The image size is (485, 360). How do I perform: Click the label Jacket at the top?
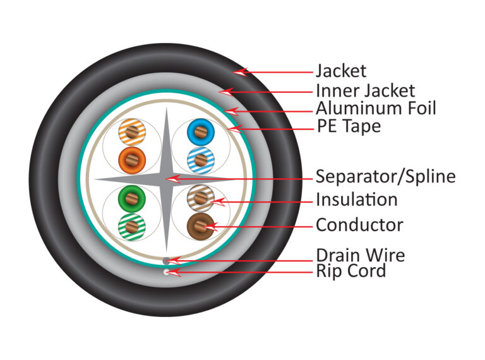pyautogui.click(x=341, y=71)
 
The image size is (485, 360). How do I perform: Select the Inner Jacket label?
pyautogui.click(x=366, y=90)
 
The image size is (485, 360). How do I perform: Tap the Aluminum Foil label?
pyautogui.click(x=376, y=108)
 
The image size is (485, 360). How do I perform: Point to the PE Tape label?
pyautogui.click(x=349, y=126)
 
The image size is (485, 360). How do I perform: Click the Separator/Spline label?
pyautogui.click(x=385, y=176)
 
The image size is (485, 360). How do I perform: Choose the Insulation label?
pyautogui.click(x=357, y=200)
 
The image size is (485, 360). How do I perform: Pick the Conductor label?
pyautogui.click(x=359, y=224)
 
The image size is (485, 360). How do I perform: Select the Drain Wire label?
pyautogui.click(x=360, y=255)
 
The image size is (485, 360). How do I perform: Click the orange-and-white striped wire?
pyautogui.click(x=131, y=133)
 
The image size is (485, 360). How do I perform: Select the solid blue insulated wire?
pyautogui.click(x=199, y=133)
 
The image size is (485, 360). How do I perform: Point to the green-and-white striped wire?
pyautogui.click(x=131, y=224)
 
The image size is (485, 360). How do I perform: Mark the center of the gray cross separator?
pyautogui.click(x=165, y=179)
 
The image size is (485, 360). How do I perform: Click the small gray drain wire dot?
pyautogui.click(x=166, y=260)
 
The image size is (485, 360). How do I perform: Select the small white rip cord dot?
pyautogui.click(x=166, y=272)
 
